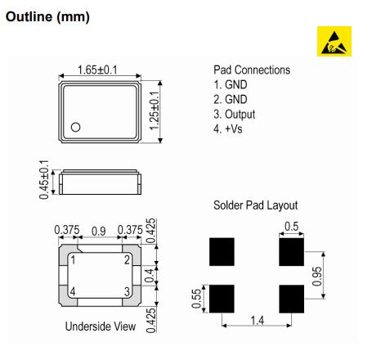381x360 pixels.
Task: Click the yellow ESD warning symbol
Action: click(x=334, y=41)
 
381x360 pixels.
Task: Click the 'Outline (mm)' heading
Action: click(x=47, y=16)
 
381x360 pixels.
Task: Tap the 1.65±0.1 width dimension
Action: click(x=97, y=70)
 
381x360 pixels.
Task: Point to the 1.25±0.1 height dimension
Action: click(x=155, y=110)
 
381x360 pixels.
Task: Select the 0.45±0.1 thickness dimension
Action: click(x=44, y=180)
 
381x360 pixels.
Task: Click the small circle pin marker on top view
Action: click(x=75, y=127)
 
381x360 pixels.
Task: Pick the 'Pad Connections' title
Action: click(x=252, y=70)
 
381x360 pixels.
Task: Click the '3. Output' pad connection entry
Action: click(x=235, y=115)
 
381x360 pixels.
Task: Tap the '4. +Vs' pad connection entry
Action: click(x=228, y=128)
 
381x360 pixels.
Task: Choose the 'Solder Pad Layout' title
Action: click(x=255, y=205)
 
